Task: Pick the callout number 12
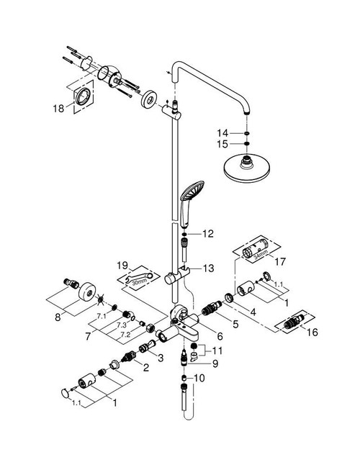point(209,234)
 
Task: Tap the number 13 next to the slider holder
point(209,268)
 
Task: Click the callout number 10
point(200,377)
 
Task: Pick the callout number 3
point(161,357)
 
